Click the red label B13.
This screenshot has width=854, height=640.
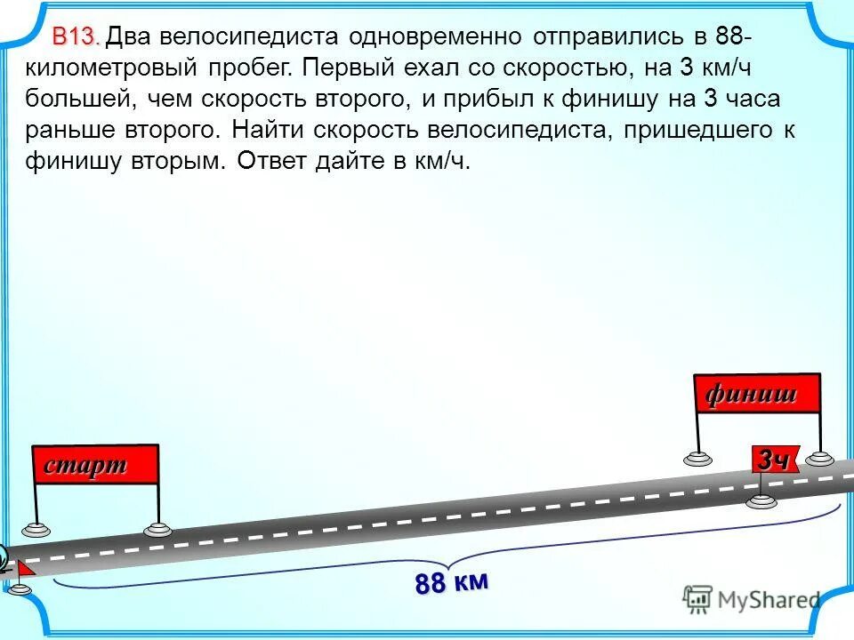(x=75, y=37)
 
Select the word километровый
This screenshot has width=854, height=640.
(x=113, y=68)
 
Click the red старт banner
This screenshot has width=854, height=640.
(x=95, y=464)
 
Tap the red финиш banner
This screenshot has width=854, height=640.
(x=757, y=393)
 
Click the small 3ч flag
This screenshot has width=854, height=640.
(x=775, y=459)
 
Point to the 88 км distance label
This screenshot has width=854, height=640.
(x=451, y=583)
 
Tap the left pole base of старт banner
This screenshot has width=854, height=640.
(x=37, y=529)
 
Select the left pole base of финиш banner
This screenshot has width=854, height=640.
(x=698, y=459)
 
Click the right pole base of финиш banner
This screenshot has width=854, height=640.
(x=820, y=459)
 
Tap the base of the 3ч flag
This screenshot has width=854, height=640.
(x=761, y=500)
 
